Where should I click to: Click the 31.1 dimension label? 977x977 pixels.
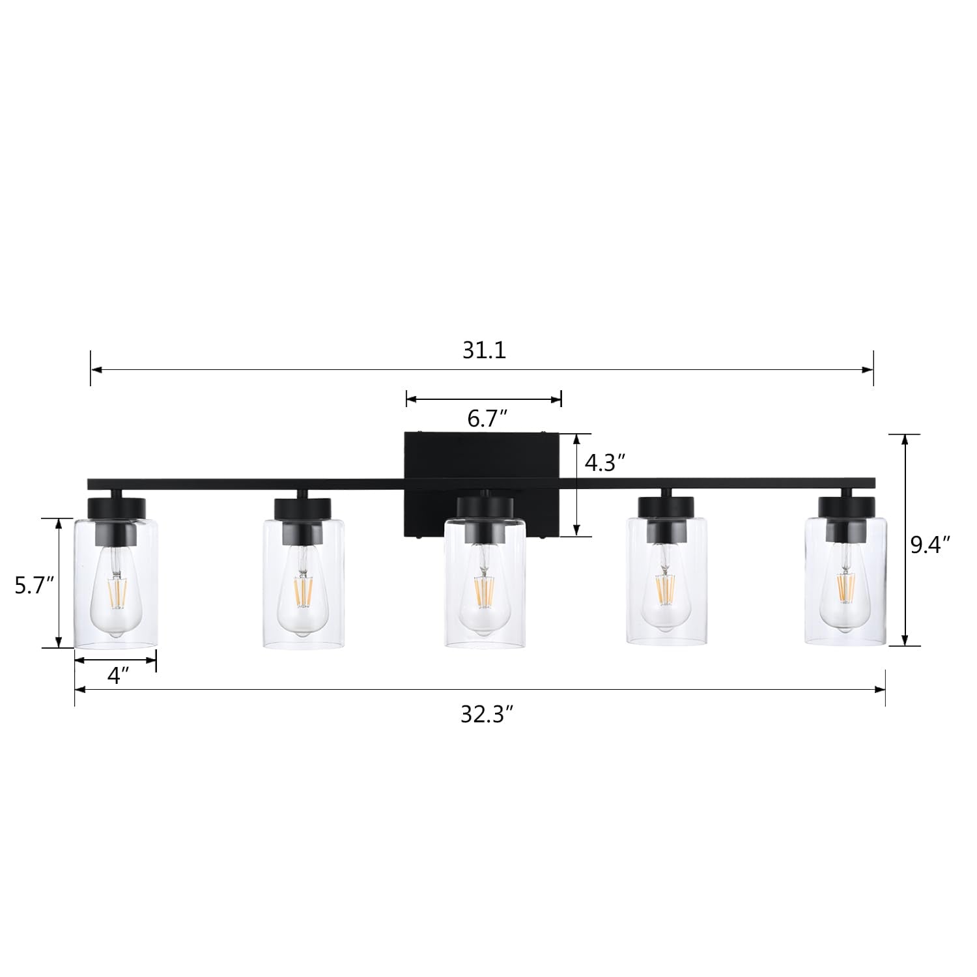pos(484,350)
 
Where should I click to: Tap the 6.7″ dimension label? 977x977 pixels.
pos(483,419)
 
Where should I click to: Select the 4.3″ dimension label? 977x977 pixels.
pos(605,463)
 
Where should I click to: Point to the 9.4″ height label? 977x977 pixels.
pos(931,545)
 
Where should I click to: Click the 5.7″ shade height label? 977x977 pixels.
pos(34,586)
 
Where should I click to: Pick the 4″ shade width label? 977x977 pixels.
pos(115,677)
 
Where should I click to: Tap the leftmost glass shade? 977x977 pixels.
pos(116,586)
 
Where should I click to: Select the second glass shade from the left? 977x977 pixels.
pos(303,586)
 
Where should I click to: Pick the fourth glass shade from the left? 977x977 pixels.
pos(666,586)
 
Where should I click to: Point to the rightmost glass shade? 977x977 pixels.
pos(845,586)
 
